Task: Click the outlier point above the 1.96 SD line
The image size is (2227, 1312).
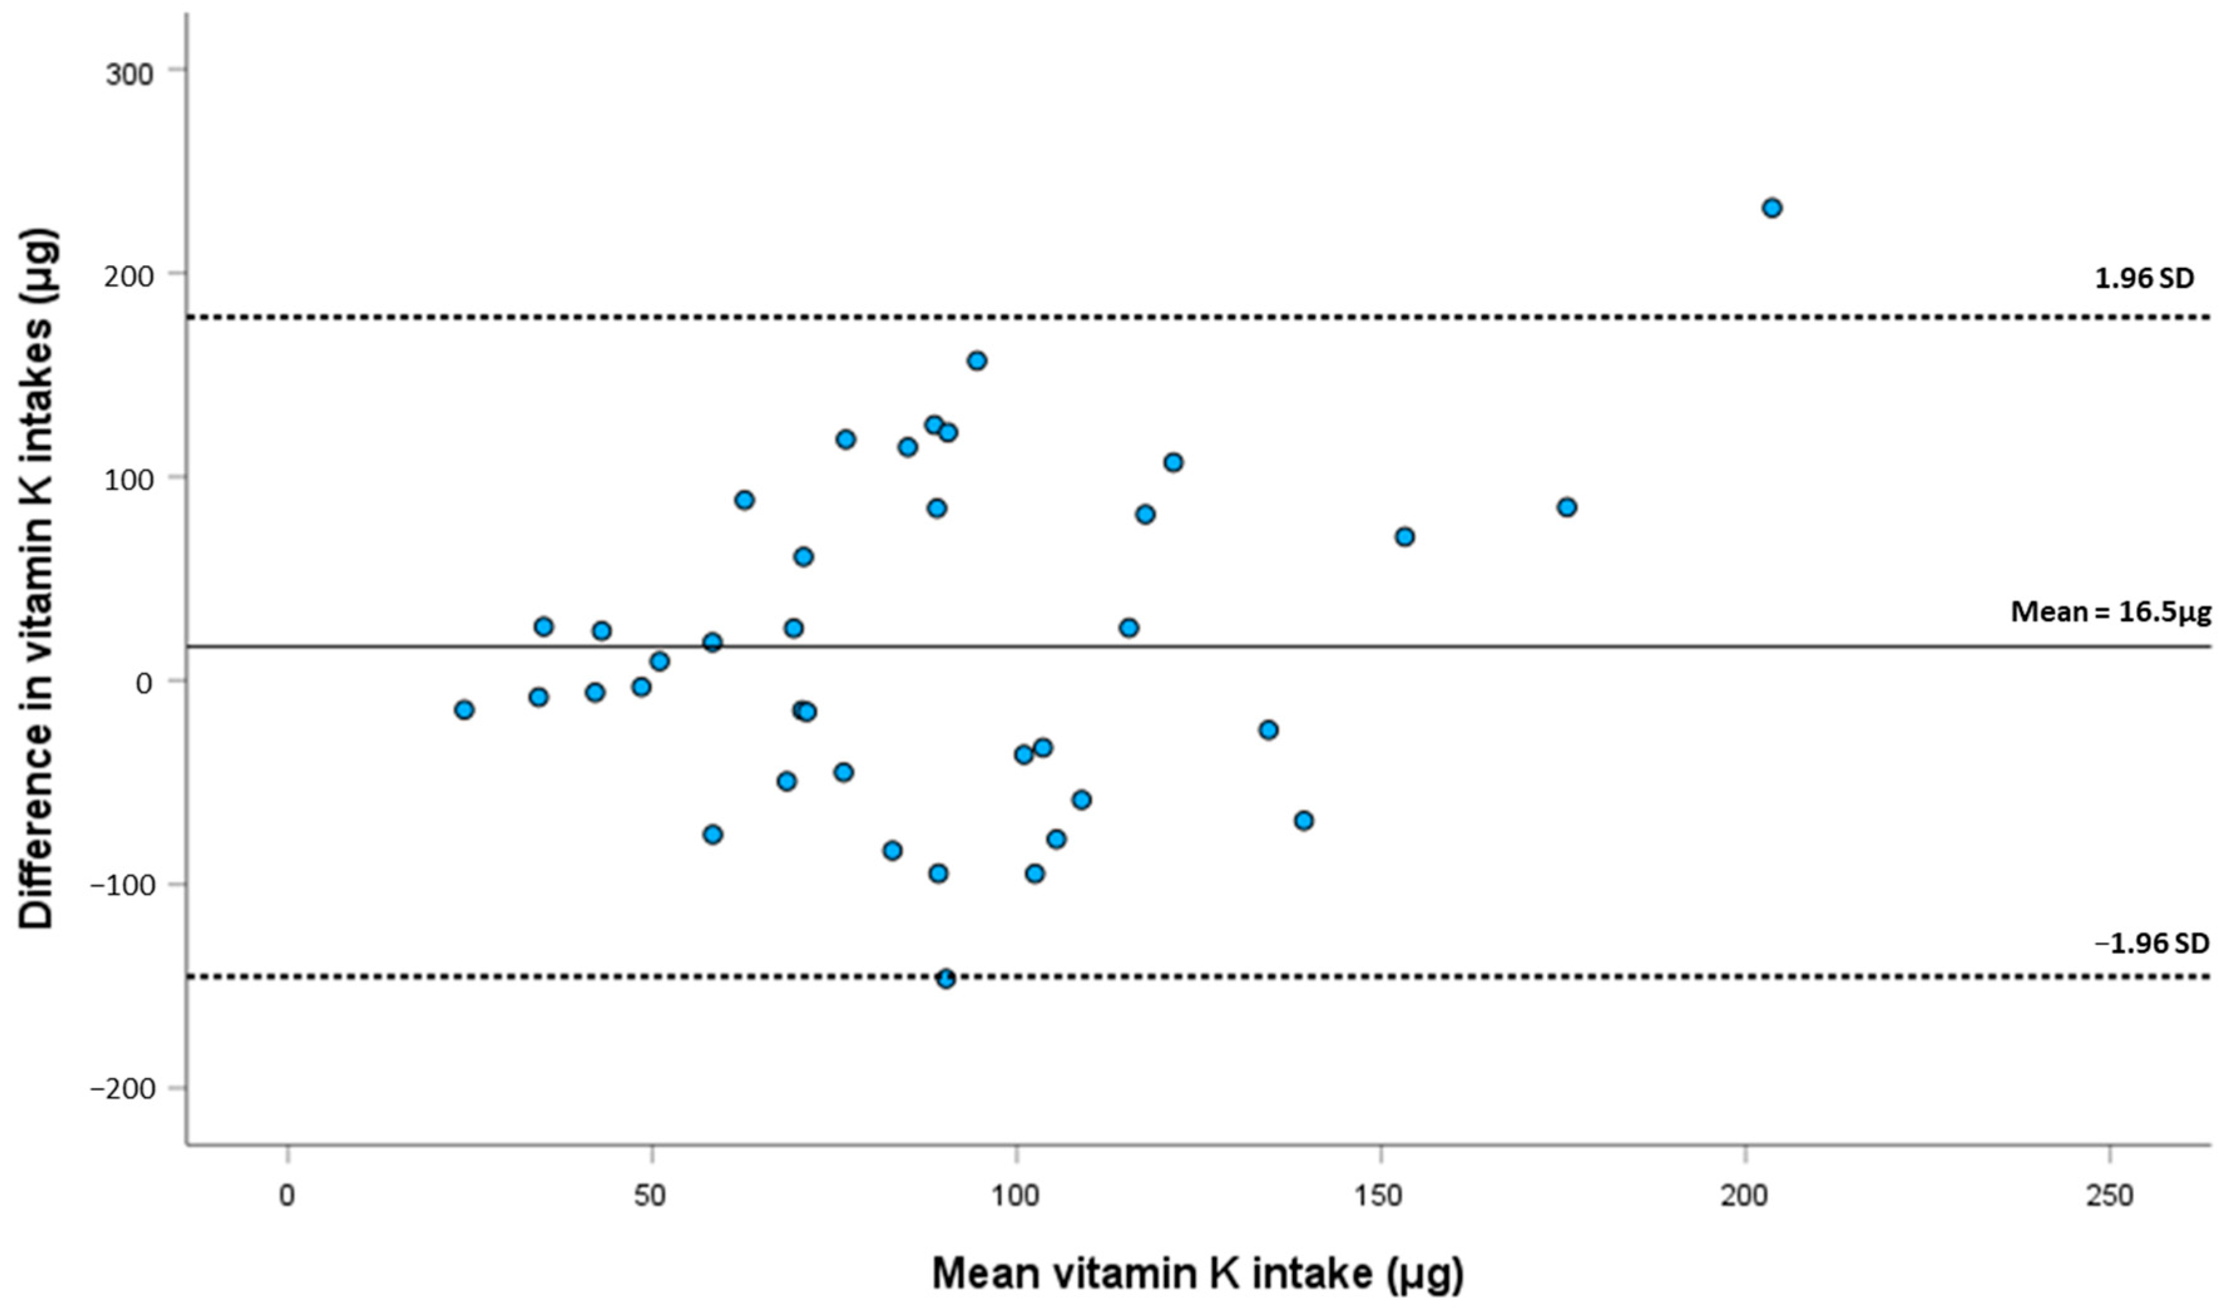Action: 1771,209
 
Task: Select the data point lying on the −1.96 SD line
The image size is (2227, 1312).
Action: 946,978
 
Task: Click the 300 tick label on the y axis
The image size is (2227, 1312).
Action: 130,73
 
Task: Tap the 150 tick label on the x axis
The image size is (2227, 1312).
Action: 1380,1195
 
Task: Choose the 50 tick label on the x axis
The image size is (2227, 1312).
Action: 651,1195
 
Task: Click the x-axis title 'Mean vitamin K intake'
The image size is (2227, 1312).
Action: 1197,1273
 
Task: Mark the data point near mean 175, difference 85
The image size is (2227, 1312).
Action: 1566,508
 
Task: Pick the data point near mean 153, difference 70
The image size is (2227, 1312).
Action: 1404,537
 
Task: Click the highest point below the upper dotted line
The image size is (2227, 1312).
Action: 976,360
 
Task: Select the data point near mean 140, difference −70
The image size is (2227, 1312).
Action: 1303,821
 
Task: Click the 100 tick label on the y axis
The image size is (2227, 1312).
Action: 130,479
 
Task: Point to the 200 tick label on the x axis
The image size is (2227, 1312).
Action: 1745,1195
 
